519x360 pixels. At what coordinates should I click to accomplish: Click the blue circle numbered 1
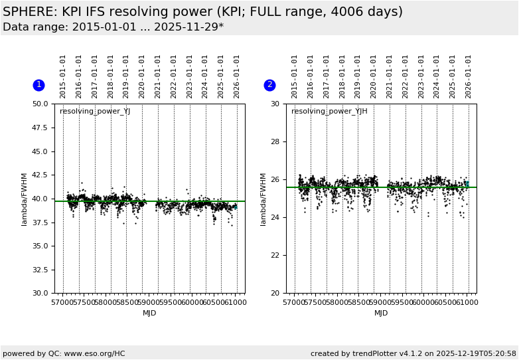point(38,85)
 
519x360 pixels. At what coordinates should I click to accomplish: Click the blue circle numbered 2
point(269,85)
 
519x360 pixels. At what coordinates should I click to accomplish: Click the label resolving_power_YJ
point(95,112)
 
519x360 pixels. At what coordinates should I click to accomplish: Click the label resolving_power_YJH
point(329,112)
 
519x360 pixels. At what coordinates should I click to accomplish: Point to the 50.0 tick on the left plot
point(40,104)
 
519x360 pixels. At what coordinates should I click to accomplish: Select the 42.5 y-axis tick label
point(40,175)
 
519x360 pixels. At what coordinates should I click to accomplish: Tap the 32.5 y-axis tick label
point(40,270)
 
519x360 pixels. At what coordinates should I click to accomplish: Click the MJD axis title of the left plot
point(150,314)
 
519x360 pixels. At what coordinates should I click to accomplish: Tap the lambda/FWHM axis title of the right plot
point(263,199)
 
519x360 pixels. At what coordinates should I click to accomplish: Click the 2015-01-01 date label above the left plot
point(63,76)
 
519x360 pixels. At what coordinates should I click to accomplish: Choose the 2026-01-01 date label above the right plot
point(469,76)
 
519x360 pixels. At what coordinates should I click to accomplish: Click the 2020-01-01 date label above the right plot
point(374,76)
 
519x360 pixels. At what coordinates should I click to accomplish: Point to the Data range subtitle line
point(113,27)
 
